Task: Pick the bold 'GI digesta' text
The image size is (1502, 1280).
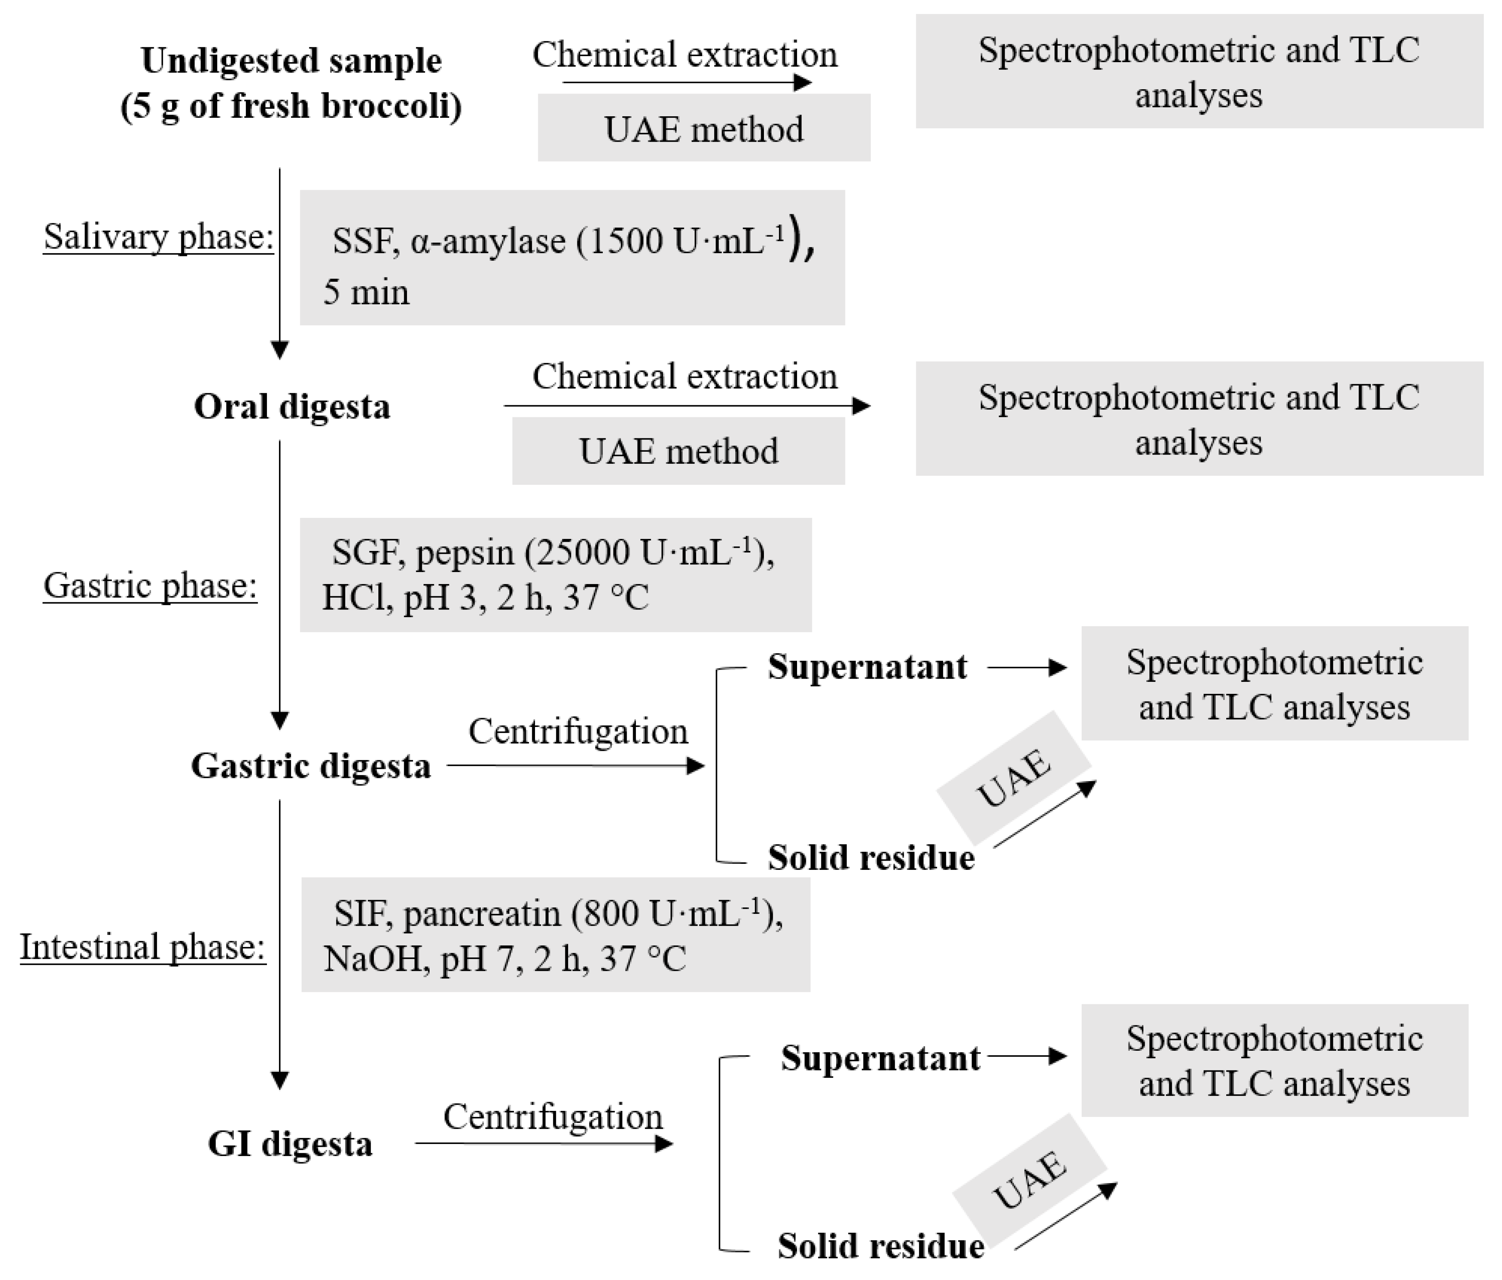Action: [290, 1144]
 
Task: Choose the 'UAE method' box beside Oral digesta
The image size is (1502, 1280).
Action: [678, 451]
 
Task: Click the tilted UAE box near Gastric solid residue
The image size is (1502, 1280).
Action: [1013, 778]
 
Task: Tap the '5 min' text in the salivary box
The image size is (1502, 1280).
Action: [366, 293]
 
